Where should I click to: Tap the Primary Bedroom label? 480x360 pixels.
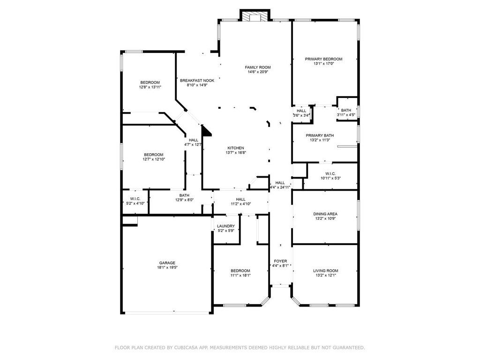click(323, 59)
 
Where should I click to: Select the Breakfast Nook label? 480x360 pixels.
click(197, 81)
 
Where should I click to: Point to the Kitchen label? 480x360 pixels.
click(236, 148)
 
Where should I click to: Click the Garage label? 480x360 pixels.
click(167, 263)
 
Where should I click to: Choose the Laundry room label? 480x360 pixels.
click(226, 226)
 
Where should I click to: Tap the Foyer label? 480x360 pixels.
click(280, 261)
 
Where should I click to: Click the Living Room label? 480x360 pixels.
click(325, 270)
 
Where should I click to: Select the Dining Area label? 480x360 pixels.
click(325, 214)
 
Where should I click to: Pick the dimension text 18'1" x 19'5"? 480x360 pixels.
click(167, 267)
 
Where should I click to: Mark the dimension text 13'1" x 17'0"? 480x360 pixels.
click(323, 64)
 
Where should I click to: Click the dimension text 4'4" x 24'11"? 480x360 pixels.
click(280, 187)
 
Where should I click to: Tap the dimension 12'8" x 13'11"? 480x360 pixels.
click(150, 87)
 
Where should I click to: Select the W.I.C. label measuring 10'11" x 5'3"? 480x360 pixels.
click(330, 173)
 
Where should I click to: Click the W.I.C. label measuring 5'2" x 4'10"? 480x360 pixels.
click(135, 199)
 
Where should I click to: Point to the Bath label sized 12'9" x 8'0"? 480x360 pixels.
click(184, 195)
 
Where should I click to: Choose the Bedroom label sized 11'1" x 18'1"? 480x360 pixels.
click(240, 270)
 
